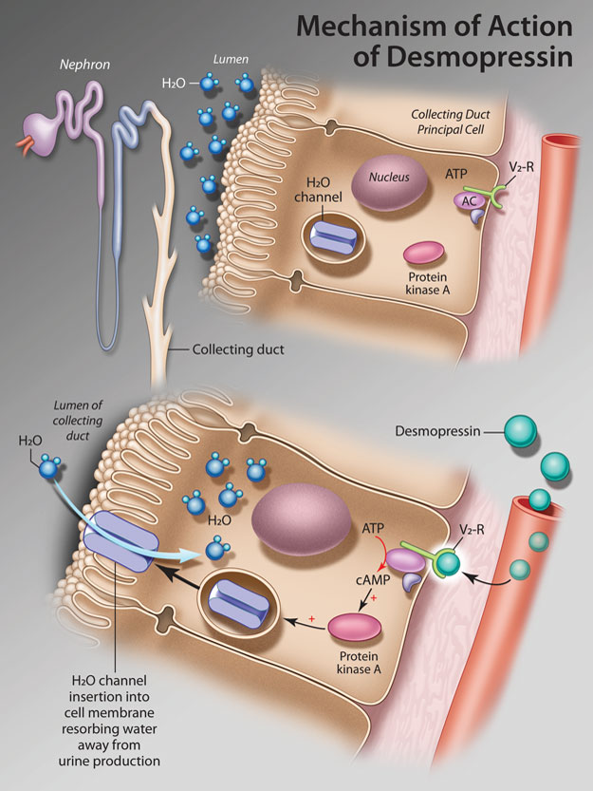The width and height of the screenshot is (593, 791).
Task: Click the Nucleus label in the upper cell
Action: tap(388, 179)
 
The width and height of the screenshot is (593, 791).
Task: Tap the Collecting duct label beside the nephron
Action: tap(238, 349)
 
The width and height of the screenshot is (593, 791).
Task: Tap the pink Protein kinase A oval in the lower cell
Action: tap(354, 628)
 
